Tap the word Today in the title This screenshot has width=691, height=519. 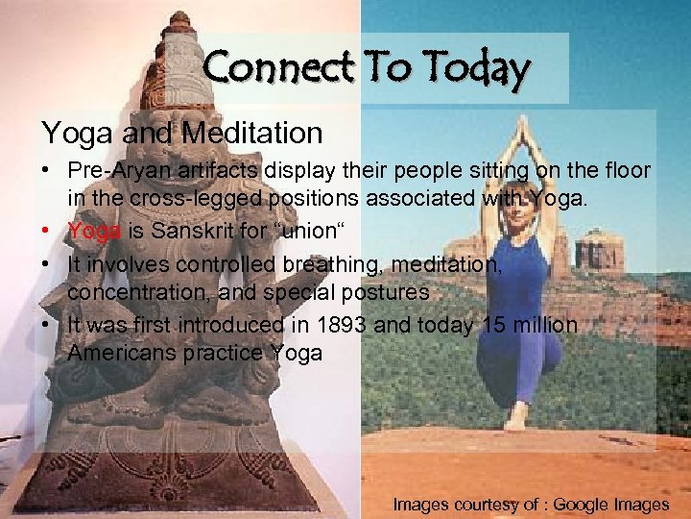pyautogui.click(x=476, y=68)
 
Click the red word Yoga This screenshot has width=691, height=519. pyautogui.click(x=93, y=232)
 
